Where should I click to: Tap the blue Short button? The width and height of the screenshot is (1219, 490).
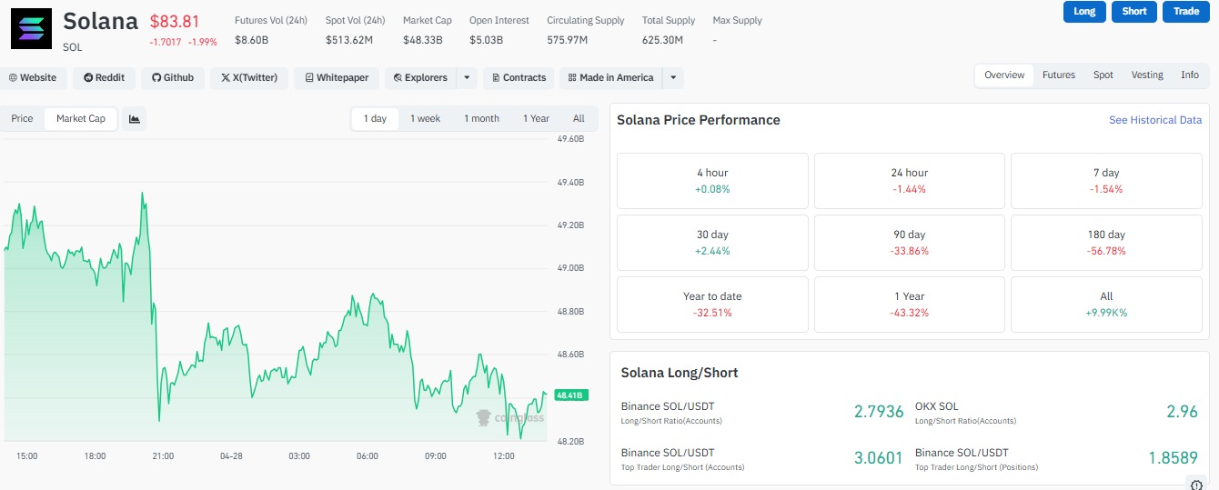(x=1134, y=11)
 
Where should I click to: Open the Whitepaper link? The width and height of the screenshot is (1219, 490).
(x=337, y=78)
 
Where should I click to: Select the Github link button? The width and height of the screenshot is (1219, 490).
(x=172, y=78)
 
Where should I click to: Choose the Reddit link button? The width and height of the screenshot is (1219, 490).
(x=104, y=78)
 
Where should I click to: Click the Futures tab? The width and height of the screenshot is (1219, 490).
(x=1058, y=75)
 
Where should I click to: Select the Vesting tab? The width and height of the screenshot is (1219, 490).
(x=1146, y=75)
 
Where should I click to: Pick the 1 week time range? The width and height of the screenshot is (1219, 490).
(x=425, y=119)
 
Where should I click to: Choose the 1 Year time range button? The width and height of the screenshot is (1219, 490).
(x=536, y=119)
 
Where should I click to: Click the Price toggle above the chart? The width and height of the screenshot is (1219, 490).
(x=22, y=119)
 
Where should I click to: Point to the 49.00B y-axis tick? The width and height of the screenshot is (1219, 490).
(x=570, y=268)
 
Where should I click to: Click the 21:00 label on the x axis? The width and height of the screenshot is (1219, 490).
(x=163, y=455)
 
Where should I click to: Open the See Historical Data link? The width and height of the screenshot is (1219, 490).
(x=1154, y=120)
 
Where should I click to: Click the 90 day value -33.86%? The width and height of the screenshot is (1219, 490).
(x=909, y=251)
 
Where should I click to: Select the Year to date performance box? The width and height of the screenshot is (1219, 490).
(x=712, y=305)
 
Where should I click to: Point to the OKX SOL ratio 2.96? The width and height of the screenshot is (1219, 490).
(x=1182, y=412)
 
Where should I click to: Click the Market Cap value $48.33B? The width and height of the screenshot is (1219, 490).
(x=423, y=40)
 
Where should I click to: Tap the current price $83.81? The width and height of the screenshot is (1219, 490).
(x=174, y=22)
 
